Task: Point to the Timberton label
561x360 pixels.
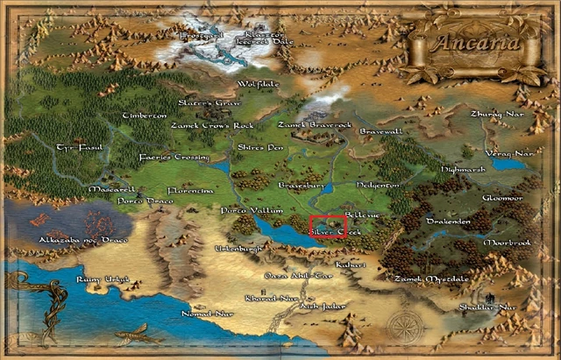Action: (145, 116)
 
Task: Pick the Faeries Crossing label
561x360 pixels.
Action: (174, 158)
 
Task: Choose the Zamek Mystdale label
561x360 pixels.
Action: (431, 279)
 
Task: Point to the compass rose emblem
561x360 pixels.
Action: (404, 327)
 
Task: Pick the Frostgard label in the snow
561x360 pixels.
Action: (201, 36)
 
